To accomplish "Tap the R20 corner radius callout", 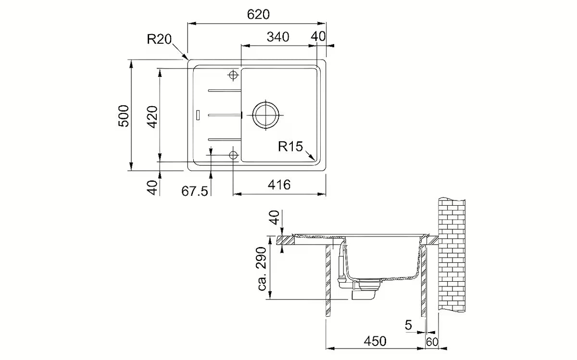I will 159,39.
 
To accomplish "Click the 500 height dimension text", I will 124,115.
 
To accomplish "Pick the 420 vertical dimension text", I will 152,115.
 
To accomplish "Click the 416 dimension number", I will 279,185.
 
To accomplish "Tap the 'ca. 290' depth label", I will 263,270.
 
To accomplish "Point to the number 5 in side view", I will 408,325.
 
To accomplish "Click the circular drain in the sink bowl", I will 264,115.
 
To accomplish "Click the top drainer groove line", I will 224,90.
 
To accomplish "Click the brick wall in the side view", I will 452,255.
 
